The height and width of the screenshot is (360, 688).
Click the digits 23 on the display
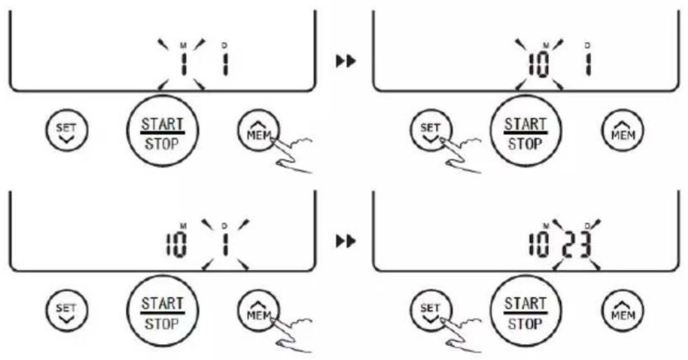(x=576, y=245)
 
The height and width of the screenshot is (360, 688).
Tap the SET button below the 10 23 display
(x=430, y=313)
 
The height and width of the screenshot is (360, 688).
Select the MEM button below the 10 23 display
(x=622, y=312)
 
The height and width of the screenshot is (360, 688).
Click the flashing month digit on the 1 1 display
(x=183, y=64)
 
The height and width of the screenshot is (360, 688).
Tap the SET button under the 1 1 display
(x=67, y=130)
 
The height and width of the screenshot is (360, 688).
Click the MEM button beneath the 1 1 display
(x=259, y=131)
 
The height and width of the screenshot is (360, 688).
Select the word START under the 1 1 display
(x=162, y=124)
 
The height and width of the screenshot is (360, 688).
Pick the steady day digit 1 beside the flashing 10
(x=589, y=64)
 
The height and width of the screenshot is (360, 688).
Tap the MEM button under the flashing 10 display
(x=622, y=131)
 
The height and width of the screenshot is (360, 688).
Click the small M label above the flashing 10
(x=546, y=46)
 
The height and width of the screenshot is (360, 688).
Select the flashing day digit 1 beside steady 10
(x=225, y=245)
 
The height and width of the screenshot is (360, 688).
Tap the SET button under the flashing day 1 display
(x=67, y=310)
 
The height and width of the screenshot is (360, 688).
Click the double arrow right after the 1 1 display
(x=346, y=61)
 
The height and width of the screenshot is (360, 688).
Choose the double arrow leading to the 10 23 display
(x=346, y=241)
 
